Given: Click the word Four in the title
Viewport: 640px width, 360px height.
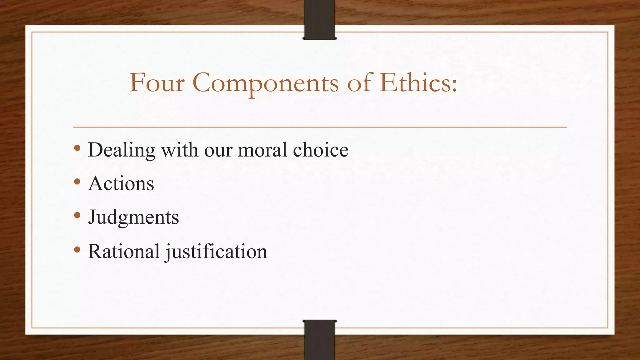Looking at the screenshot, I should [157, 83].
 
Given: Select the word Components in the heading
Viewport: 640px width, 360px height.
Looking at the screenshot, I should [265, 84].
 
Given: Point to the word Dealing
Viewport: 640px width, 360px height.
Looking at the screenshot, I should [122, 150].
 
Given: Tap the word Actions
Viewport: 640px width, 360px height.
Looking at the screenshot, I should [121, 183].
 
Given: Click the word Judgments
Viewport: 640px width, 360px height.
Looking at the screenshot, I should [133, 217].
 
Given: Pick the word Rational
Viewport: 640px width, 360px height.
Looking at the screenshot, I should [124, 251].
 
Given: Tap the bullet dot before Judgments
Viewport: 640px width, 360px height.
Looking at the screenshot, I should [77, 215].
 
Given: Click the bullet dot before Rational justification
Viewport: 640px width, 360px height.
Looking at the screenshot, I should [77, 249].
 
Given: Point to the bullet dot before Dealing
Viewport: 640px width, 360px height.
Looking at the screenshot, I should [77, 148].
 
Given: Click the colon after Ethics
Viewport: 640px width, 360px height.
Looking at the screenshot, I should [454, 85].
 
